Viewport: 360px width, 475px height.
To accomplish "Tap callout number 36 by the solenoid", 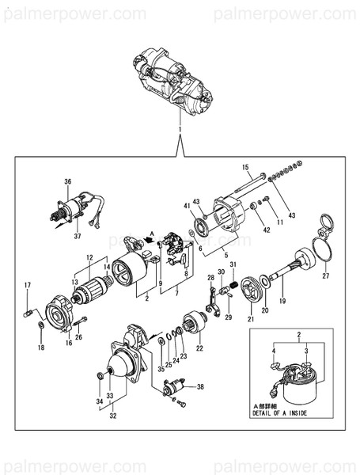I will tap(68, 181).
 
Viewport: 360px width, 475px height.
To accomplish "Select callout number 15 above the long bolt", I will tap(245, 167).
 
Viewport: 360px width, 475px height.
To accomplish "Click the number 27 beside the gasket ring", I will tap(324, 276).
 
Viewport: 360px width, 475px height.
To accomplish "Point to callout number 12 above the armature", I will tap(89, 257).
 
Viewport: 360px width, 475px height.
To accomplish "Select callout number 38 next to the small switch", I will tap(200, 387).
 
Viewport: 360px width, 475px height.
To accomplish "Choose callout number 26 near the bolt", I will tap(78, 336).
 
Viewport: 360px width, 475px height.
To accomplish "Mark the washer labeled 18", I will tap(41, 325).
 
